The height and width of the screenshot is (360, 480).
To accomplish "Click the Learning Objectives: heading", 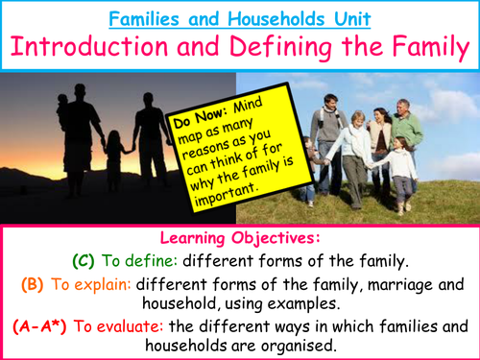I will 239,236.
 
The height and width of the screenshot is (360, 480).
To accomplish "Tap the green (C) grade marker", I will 85,259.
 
